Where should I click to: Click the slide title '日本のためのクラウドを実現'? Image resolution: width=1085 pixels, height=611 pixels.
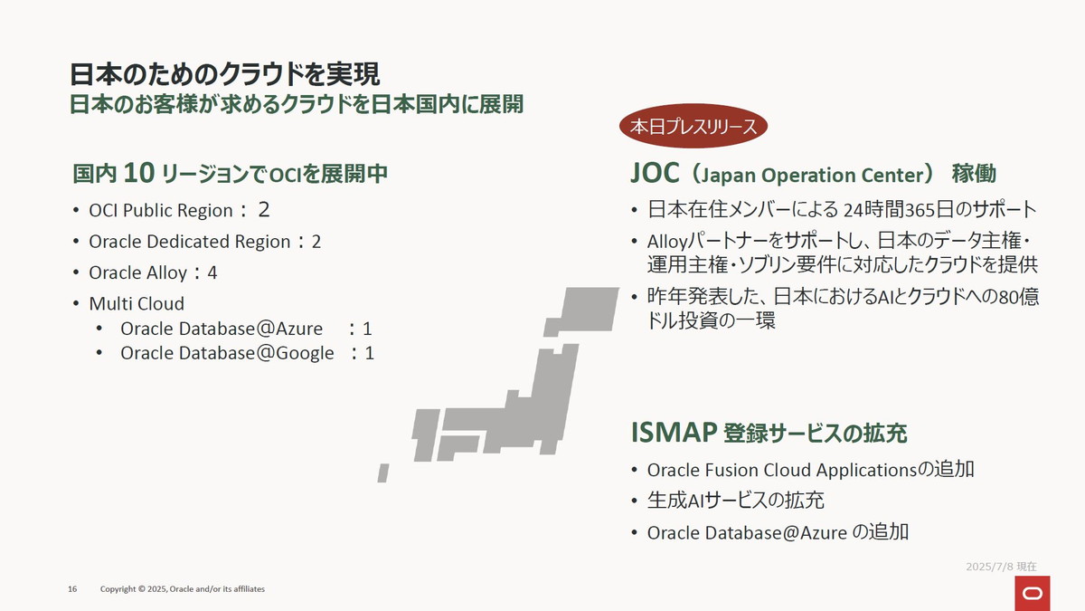pos(224,73)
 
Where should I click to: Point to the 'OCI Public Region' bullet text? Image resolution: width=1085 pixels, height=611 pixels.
pos(161,211)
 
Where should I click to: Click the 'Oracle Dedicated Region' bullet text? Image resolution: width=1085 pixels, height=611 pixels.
pos(190,242)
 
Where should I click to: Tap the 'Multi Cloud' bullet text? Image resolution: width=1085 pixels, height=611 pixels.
pos(136,303)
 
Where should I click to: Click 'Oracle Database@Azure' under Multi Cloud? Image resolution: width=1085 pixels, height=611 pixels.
pos(222,328)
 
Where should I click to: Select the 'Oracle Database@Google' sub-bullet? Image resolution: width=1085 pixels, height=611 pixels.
pos(227,353)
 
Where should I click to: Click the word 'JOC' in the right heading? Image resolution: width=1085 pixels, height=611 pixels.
pos(655,173)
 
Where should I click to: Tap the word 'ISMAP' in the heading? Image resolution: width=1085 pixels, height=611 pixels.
pos(674,433)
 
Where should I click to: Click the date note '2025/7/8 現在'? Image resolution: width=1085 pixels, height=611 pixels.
pos(1001,566)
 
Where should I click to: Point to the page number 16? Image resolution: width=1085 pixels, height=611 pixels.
pos(72,589)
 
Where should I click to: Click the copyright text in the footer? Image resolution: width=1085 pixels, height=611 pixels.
pos(182,589)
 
